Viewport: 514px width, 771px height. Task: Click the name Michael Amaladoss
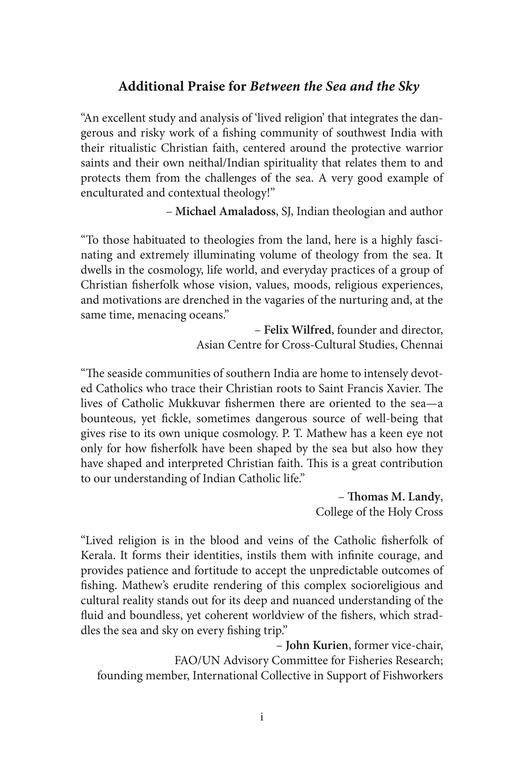[225, 211]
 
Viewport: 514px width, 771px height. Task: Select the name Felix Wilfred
[297, 330]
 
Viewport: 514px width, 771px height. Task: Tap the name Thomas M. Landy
[393, 497]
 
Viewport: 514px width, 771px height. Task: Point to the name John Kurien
[316, 645]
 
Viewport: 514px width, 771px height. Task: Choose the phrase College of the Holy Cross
[379, 512]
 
